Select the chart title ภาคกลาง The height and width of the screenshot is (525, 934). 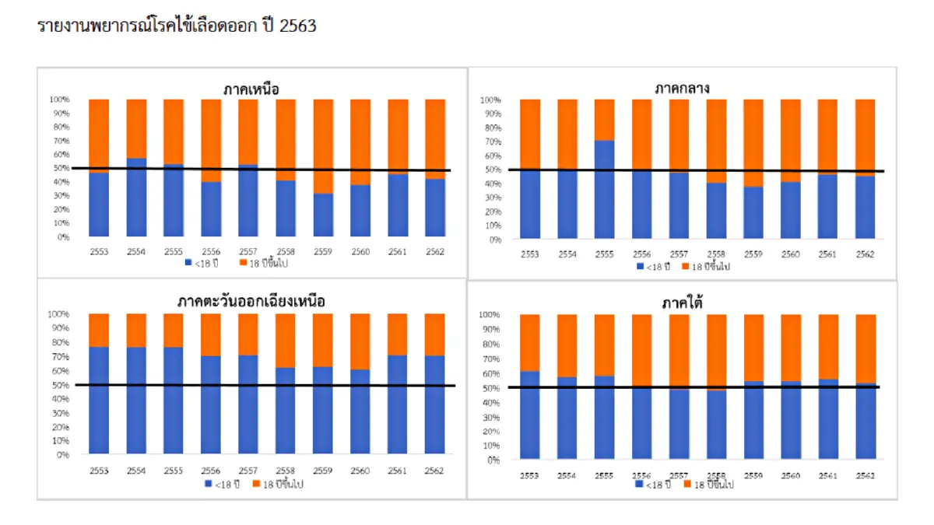[x=682, y=89]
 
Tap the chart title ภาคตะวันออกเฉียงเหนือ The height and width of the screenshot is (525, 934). [x=251, y=301]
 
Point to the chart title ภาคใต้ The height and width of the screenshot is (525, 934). [x=682, y=302]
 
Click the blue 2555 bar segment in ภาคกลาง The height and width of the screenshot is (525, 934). [x=605, y=189]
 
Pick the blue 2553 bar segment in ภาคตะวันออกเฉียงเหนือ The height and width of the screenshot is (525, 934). [x=100, y=400]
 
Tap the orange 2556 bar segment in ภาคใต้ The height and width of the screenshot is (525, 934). [x=642, y=350]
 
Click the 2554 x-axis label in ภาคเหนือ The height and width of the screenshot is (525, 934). [x=137, y=252]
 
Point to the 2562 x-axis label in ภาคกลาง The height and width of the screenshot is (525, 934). [x=865, y=254]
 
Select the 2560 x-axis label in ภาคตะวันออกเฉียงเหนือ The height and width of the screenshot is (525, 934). [x=360, y=471]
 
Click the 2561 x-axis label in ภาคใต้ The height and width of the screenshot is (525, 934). [x=827, y=475]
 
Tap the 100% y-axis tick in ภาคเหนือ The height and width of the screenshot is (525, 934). [x=60, y=100]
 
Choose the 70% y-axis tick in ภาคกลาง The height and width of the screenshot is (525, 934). [x=490, y=142]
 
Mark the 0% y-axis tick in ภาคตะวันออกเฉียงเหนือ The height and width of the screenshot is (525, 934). [x=63, y=454]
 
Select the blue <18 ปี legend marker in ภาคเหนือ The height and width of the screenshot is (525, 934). [x=188, y=264]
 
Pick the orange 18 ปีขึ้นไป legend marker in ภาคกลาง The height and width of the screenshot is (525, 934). [x=685, y=267]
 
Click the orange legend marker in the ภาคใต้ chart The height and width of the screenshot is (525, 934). [x=686, y=484]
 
